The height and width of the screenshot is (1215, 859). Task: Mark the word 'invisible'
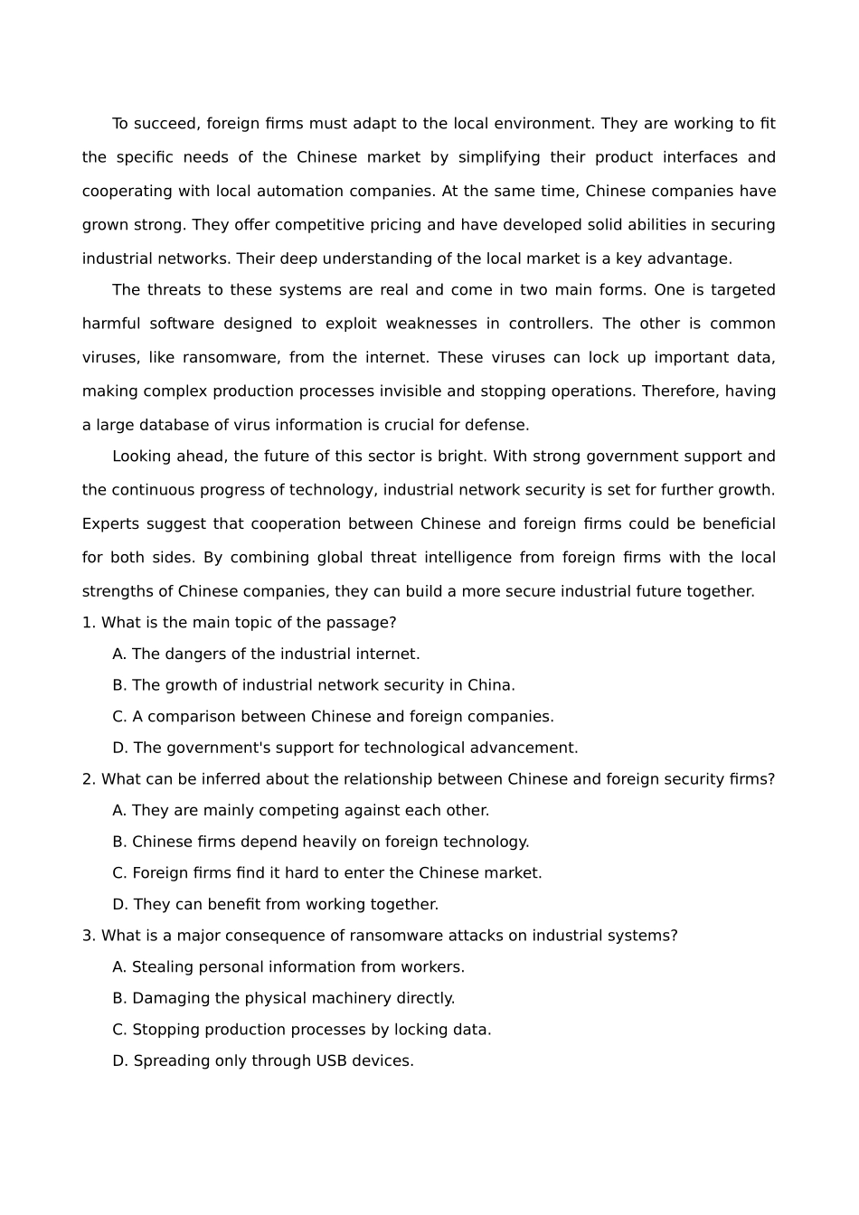(483, 391)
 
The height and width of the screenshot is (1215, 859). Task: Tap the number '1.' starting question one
(89, 623)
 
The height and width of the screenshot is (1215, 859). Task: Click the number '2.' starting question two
(89, 779)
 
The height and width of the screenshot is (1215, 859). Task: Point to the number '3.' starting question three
(89, 936)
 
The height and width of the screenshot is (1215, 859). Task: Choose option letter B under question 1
(119, 685)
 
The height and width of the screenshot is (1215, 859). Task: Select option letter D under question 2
(120, 904)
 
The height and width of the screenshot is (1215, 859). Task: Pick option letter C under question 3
(119, 1030)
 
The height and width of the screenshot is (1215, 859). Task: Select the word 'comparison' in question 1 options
(188, 717)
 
